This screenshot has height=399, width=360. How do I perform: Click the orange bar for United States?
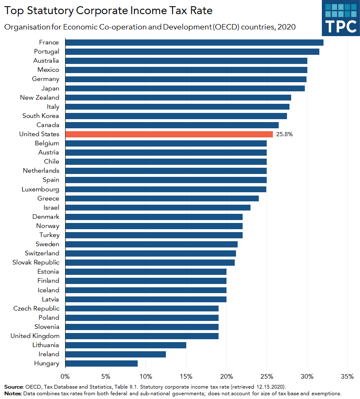(x=169, y=134)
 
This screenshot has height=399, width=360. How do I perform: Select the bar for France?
(x=194, y=42)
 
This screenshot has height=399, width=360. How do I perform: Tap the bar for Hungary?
(x=101, y=363)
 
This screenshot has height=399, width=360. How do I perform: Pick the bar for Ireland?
(x=115, y=354)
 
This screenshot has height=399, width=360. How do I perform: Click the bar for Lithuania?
(x=126, y=345)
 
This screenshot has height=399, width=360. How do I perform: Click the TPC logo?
(x=341, y=18)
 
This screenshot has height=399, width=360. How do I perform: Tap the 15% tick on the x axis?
(x=186, y=377)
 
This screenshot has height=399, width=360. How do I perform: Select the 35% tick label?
(x=347, y=377)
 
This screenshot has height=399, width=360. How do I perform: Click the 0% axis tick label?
(x=65, y=377)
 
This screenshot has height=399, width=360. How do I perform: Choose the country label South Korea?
(x=41, y=116)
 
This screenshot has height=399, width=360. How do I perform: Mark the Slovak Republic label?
(x=36, y=262)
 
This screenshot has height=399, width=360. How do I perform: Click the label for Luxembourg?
(x=40, y=189)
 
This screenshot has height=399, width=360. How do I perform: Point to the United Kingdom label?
(x=35, y=336)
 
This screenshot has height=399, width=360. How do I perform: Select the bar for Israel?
(x=158, y=208)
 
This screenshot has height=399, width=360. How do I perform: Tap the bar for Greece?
(x=162, y=198)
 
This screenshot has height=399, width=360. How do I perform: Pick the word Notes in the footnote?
(x=13, y=393)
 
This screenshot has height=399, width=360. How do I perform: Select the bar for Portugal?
(x=192, y=51)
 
